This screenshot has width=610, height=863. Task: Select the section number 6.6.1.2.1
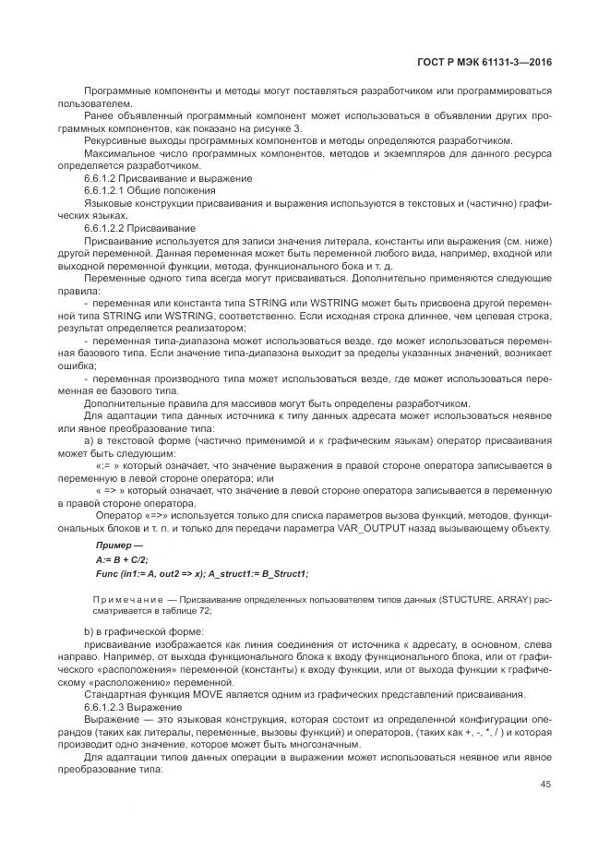click(111, 189)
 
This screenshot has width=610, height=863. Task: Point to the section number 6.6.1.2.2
click(111, 226)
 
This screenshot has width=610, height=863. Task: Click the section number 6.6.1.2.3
click(111, 705)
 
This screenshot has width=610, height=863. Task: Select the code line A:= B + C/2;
click(122, 559)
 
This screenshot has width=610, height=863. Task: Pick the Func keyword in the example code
click(107, 573)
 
